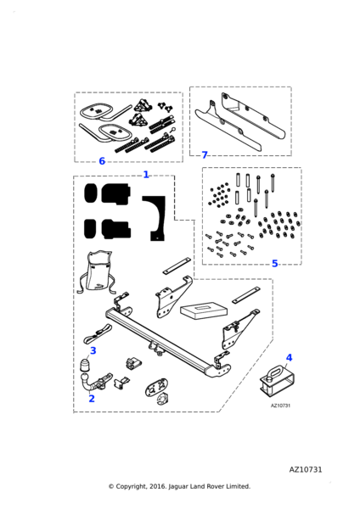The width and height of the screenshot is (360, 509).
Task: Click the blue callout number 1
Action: point(146,175)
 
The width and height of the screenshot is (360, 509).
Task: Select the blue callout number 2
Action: point(92,399)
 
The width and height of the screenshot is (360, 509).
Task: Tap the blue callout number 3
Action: point(93,350)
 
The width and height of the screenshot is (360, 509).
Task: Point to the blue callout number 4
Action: point(289,358)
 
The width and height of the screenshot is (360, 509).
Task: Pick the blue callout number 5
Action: point(275,264)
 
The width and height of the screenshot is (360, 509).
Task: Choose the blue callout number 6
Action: point(102,161)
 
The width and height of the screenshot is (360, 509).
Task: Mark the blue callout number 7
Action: point(205,155)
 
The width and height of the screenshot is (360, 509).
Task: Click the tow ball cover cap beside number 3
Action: point(85,365)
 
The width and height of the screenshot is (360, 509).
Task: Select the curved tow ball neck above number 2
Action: point(85,383)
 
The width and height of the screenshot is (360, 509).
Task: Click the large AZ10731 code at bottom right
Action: point(306,470)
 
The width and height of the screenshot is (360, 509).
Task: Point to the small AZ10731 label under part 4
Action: point(280,406)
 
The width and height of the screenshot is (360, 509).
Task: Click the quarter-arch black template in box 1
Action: point(155,218)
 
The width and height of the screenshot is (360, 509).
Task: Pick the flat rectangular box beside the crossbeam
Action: point(204,310)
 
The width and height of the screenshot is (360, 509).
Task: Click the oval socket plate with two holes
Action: point(155,386)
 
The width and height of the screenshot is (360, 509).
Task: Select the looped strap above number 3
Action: point(97,334)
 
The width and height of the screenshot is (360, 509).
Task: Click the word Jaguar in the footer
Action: point(178,487)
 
